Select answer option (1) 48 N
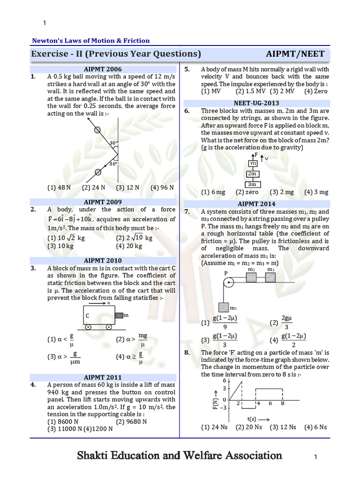59,187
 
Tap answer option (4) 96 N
162,187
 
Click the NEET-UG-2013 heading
256,103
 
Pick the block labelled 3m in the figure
252,184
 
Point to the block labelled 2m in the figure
252,174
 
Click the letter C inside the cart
87,316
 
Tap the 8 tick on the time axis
282,403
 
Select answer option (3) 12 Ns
283,427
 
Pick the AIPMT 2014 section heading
256,204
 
